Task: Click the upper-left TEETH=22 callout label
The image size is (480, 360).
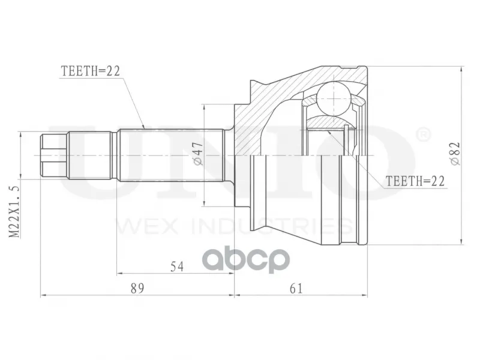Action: [91, 71]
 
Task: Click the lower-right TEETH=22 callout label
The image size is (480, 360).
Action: [415, 181]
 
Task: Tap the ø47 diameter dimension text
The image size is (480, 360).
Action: [198, 154]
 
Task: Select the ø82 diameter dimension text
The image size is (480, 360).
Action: [455, 154]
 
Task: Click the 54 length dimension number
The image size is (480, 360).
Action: [177, 266]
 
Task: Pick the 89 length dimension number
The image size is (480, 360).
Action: [137, 289]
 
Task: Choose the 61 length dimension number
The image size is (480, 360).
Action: [296, 289]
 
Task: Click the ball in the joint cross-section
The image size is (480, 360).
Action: [333, 98]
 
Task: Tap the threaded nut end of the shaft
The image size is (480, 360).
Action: [54, 155]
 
